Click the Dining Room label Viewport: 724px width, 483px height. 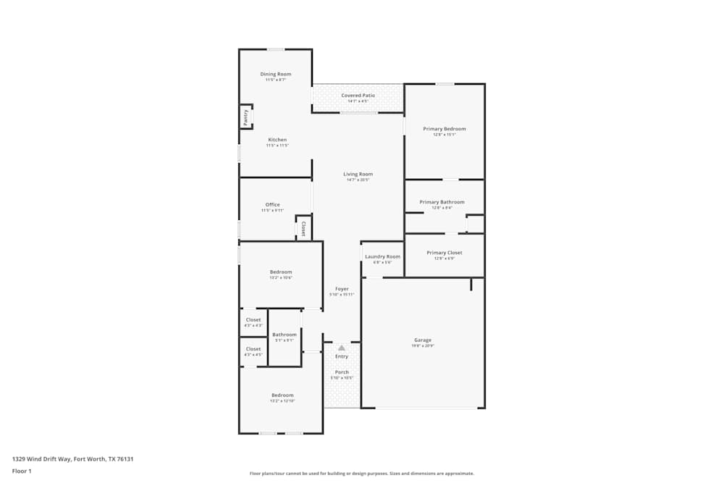click(276, 74)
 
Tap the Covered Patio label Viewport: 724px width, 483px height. click(358, 96)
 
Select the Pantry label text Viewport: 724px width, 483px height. click(246, 117)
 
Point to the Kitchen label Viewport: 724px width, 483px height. click(277, 140)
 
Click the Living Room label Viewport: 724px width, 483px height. click(358, 174)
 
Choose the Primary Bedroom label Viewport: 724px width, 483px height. click(445, 129)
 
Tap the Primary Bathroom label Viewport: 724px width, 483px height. click(442, 202)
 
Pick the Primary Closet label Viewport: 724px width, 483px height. click(444, 253)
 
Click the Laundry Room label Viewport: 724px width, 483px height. click(382, 256)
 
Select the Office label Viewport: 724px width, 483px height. click(272, 204)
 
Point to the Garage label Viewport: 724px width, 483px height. click(423, 340)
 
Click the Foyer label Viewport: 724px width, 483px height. click(342, 289)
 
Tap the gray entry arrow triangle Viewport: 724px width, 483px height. click(342, 348)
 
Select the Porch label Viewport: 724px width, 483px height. click(342, 372)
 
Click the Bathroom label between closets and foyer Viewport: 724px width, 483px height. click(285, 335)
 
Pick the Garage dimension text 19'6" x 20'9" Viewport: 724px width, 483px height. click(423, 346)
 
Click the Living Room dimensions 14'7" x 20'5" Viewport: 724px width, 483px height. click(358, 180)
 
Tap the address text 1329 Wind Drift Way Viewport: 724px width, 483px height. click(72, 458)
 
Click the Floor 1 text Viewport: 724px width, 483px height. click(22, 471)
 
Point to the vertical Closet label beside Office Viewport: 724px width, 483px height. click(303, 230)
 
